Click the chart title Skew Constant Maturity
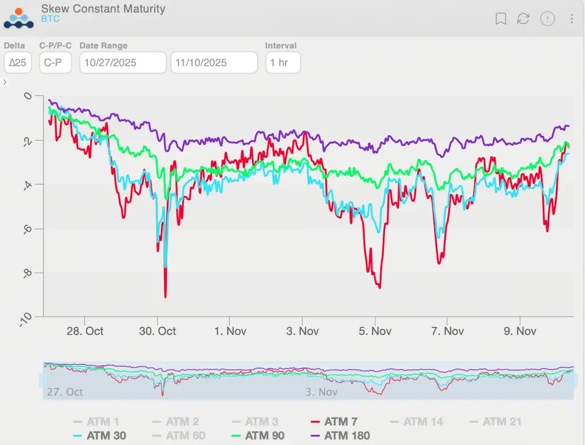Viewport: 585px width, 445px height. (103, 9)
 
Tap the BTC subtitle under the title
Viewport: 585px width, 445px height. (50, 19)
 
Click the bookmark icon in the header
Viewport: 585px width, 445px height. (500, 19)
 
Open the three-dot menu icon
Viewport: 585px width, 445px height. (572, 19)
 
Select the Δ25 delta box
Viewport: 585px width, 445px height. (18, 62)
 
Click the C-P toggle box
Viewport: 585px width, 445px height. (55, 62)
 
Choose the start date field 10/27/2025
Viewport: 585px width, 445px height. (122, 62)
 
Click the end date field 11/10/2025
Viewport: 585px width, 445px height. (214, 62)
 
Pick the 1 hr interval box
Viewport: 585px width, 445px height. (283, 62)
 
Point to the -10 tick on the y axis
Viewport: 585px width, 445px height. (26, 320)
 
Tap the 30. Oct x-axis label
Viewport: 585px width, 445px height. (158, 331)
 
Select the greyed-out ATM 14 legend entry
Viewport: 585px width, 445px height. (416, 422)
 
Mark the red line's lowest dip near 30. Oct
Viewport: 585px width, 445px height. (166, 297)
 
